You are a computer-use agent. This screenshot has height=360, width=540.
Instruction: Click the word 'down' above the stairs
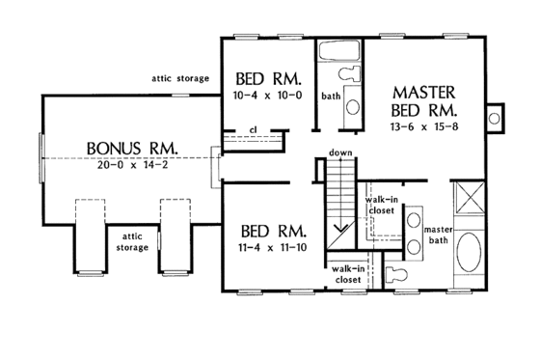tap(338, 153)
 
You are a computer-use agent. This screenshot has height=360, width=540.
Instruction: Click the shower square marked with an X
tap(470, 200)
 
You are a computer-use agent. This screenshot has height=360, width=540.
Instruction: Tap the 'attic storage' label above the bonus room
tap(180, 78)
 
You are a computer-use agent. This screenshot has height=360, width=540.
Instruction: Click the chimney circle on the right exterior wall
tap(496, 118)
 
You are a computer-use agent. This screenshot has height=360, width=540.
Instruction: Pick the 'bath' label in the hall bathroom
tap(331, 96)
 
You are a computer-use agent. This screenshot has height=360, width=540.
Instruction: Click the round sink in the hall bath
tap(352, 107)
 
